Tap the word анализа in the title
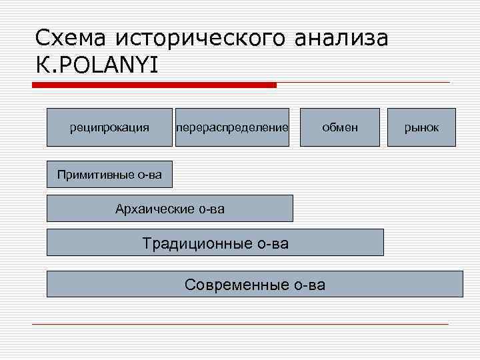click(x=340, y=38)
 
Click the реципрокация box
click(x=109, y=127)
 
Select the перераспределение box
click(x=231, y=127)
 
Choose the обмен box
click(x=339, y=127)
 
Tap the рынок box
click(x=423, y=127)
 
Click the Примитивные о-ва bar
click(x=109, y=175)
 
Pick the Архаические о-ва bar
click(x=170, y=209)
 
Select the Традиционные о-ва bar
click(x=215, y=243)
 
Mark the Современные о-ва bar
click(x=255, y=284)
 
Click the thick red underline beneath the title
click(x=155, y=85)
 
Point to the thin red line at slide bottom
click(x=240, y=324)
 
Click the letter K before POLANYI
click(x=42, y=65)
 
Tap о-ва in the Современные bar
click(x=309, y=285)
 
